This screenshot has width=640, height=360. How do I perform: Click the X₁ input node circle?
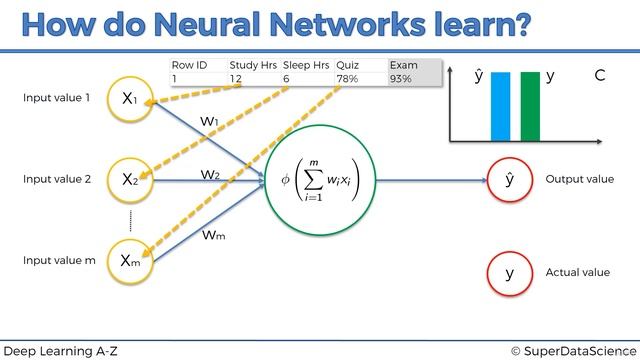[131, 99]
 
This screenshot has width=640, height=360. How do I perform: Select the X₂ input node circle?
[131, 180]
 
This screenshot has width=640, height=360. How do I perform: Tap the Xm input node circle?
[131, 260]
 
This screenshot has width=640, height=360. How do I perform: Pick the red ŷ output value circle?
[509, 180]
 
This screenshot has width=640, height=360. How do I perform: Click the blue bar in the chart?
[500, 106]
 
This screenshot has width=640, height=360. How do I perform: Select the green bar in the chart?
[530, 106]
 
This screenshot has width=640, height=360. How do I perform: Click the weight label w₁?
[209, 121]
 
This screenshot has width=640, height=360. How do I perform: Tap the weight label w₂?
[209, 174]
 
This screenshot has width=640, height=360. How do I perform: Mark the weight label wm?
[213, 235]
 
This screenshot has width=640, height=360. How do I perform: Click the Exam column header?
[404, 65]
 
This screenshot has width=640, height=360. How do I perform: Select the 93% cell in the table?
[400, 78]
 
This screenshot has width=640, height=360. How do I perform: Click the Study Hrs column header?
[253, 65]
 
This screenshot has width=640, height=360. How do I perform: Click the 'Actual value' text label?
[578, 272]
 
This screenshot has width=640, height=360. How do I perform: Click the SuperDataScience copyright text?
[573, 350]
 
